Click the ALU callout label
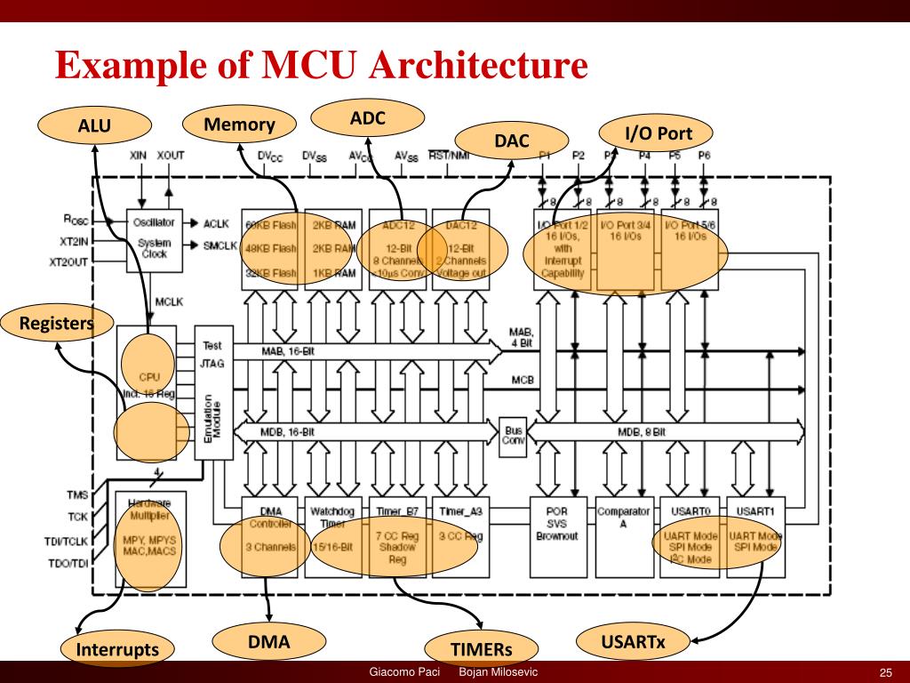pos(94,126)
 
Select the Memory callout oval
pos(239,125)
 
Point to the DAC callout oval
pos(512,141)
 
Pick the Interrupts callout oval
pos(117,649)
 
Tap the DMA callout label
pos(269,640)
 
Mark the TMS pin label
pos(77,494)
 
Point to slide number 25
pos(885,671)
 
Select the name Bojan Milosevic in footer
pos(499,671)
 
